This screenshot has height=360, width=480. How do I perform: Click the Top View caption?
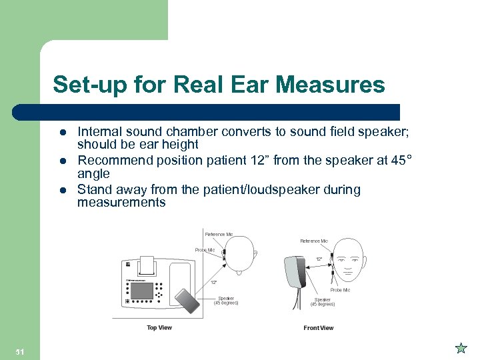[x=159, y=328]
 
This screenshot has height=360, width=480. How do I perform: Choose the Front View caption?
[x=319, y=328]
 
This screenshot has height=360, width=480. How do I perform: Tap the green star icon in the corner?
[x=460, y=348]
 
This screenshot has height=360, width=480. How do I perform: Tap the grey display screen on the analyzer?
[x=141, y=291]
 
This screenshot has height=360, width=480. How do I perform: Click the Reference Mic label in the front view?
[x=314, y=241]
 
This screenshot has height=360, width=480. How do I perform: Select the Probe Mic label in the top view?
[x=205, y=250]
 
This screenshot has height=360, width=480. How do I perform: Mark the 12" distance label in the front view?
[x=319, y=259]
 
